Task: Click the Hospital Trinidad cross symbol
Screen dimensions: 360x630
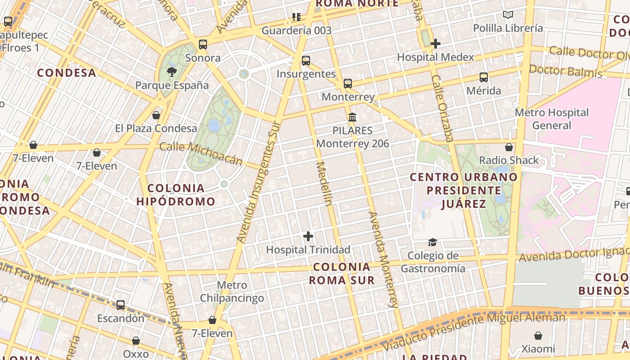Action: coord(308,236)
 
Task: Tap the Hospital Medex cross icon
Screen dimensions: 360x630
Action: coord(436,44)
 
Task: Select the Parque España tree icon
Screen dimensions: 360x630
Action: coord(171,72)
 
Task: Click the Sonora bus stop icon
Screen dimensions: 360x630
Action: coord(203,45)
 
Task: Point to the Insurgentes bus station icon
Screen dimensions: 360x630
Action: coord(306,61)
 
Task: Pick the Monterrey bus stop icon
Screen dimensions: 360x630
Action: coord(348,84)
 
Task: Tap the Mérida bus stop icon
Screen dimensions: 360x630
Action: coord(484,77)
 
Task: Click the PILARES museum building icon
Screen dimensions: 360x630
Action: coord(352,117)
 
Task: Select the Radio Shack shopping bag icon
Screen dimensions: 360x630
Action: coord(509,147)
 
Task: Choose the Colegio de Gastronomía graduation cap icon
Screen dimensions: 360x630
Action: coord(433,243)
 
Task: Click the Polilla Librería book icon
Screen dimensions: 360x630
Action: coord(508,15)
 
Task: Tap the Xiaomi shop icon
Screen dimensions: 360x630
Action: coord(538,336)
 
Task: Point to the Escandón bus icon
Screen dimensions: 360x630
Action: coord(121,305)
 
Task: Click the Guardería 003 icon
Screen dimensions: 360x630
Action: coord(296,17)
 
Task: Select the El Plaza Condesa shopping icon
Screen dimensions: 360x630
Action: coord(156,115)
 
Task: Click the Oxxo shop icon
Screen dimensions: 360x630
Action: coord(136,341)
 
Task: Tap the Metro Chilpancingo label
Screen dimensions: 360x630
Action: coord(232,292)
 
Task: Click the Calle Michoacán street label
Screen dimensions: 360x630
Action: coord(201,153)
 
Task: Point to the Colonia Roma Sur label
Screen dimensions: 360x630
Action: coord(342,274)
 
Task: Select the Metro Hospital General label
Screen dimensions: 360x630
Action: coord(552,119)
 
